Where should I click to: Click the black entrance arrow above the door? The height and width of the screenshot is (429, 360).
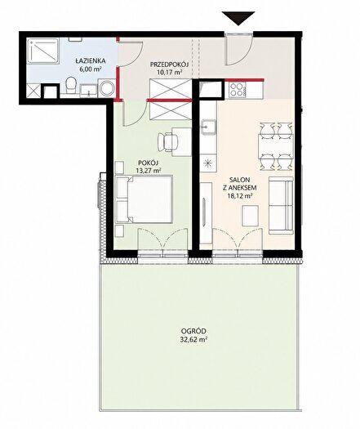click(238, 18)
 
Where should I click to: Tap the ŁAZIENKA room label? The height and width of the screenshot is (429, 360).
click(91, 60)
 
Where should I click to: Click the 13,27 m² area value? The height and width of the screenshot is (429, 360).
click(148, 170)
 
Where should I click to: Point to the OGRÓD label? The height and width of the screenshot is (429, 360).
click(193, 331)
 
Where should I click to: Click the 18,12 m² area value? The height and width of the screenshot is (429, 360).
click(240, 195)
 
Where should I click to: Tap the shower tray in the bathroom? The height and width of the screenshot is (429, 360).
click(43, 51)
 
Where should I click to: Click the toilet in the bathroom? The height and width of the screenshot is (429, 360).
click(71, 84)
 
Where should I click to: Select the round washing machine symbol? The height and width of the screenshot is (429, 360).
click(107, 88)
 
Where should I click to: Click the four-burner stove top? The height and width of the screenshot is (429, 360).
click(236, 89)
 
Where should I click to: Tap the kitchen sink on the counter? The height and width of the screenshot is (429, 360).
click(208, 127)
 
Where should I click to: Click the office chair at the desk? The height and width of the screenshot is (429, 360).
click(167, 141)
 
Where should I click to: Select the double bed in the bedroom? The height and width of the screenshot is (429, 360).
click(144, 199)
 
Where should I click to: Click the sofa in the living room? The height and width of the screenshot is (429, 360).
click(281, 205)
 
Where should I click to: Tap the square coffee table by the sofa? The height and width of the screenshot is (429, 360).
click(250, 216)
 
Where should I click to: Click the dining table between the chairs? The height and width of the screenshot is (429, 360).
click(276, 146)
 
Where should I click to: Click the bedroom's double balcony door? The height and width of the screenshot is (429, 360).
click(163, 242)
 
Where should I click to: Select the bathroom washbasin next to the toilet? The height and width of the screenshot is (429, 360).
click(88, 90)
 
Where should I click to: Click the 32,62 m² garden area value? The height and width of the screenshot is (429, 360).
click(193, 340)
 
